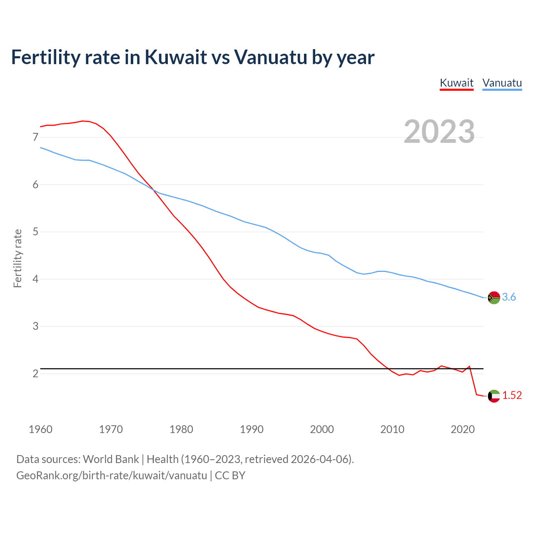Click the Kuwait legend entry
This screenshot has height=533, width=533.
point(456,83)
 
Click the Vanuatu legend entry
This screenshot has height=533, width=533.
point(502,83)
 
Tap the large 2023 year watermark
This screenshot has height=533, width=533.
point(439,132)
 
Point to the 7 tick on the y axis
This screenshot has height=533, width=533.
point(35,137)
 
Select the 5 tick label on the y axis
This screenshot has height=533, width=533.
point(35,232)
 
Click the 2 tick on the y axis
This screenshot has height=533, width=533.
point(35,374)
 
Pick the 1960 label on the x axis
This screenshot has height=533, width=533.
point(40,429)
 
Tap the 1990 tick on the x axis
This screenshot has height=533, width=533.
point(252,429)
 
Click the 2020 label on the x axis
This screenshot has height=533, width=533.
point(463,429)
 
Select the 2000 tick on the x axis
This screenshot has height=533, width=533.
point(322,429)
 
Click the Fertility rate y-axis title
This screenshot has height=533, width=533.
point(17,258)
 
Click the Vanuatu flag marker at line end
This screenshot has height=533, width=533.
point(494,297)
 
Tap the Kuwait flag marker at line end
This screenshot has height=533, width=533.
point(494,396)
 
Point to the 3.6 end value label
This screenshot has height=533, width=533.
point(509,297)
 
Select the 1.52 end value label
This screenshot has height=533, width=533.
point(512,396)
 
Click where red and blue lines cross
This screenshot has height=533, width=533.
point(154,190)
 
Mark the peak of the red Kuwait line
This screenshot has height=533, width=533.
point(82,121)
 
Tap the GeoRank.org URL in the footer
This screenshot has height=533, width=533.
point(112,476)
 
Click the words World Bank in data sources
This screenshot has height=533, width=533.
point(111,459)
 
